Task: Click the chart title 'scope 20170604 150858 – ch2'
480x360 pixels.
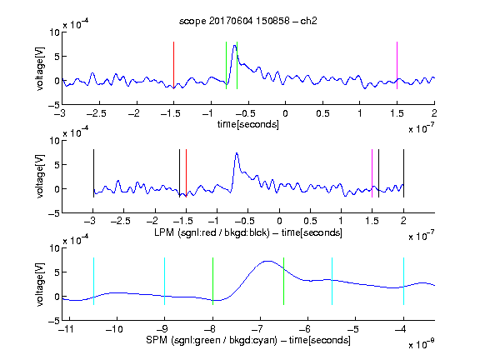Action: (x=248, y=21)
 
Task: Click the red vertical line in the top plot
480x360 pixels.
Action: (x=173, y=65)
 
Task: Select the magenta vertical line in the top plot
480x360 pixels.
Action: (x=397, y=65)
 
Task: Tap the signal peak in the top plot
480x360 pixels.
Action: (x=234, y=46)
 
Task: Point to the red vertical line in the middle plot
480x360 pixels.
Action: (x=186, y=173)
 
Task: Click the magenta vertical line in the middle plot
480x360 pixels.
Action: (x=372, y=173)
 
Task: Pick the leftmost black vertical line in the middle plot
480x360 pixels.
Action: (x=93, y=173)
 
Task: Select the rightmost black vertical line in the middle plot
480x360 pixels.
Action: (x=403, y=173)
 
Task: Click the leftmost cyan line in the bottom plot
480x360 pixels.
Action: (x=93, y=281)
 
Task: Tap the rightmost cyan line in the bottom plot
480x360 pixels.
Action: (x=403, y=281)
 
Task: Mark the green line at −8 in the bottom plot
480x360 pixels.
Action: (x=212, y=281)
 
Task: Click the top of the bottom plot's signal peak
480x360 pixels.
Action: (x=267, y=261)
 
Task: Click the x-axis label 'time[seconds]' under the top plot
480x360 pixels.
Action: (x=248, y=124)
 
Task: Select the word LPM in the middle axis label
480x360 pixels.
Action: (x=164, y=232)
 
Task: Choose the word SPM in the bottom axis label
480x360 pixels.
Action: (x=157, y=340)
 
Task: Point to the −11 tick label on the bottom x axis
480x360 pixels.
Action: (x=67, y=329)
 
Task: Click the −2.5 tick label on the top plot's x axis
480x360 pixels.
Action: (x=96, y=113)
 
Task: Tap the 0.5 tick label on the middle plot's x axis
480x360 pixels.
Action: (x=310, y=221)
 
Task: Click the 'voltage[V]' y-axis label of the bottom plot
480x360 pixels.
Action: (x=40, y=284)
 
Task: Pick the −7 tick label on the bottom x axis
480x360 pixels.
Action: (x=257, y=329)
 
